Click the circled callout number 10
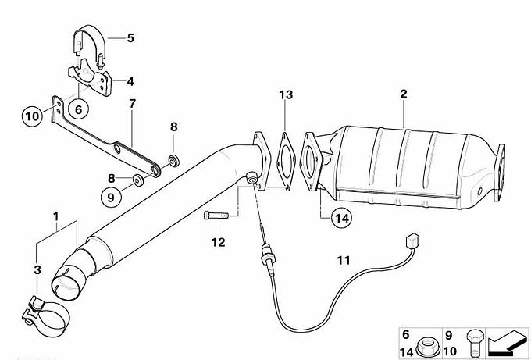tap(33, 116)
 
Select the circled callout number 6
tap(78, 109)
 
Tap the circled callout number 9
tap(111, 197)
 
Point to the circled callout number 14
tap(341, 218)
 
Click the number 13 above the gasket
tap(286, 94)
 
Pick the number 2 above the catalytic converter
tap(404, 94)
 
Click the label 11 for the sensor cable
tap(344, 260)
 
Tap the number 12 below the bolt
tap(218, 242)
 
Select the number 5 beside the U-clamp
tap(130, 38)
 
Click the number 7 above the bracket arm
tap(132, 104)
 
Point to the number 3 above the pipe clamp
tap(37, 270)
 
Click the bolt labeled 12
tap(216, 215)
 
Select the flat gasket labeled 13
tap(285, 162)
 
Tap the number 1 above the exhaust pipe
tap(56, 216)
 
